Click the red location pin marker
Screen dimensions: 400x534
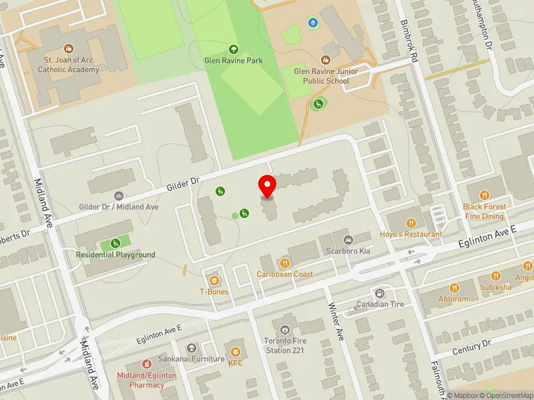(268, 186)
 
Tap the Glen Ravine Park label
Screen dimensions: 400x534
(233, 61)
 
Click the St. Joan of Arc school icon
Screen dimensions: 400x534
(68, 49)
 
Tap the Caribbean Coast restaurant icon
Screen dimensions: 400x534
(285, 263)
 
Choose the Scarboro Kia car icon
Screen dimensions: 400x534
(347, 240)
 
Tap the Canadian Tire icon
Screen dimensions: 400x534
(380, 293)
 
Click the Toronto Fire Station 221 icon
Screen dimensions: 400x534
(286, 330)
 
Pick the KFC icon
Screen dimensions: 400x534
(235, 351)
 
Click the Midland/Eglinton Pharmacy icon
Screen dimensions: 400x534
(147, 364)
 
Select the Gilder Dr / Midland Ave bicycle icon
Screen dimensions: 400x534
(119, 196)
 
